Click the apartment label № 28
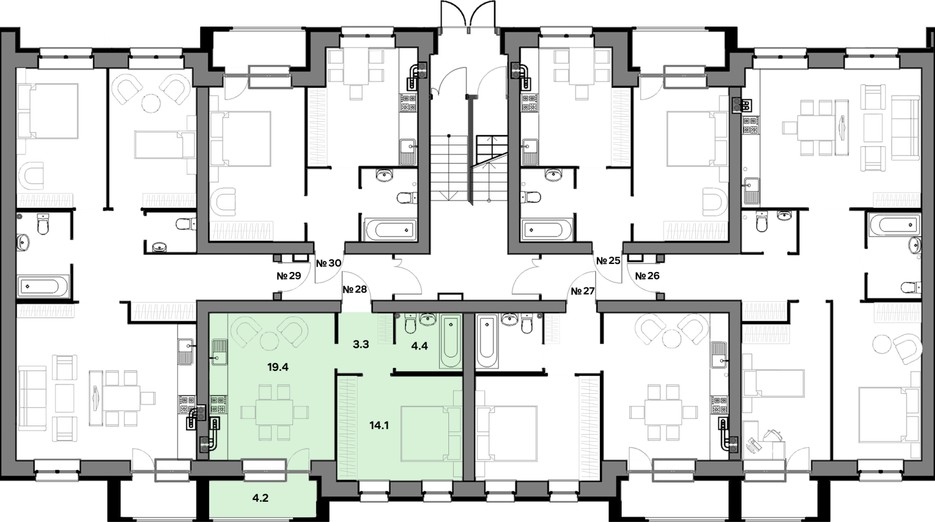pos(354,289)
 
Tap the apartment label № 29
pos(289,276)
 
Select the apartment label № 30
pos(328,263)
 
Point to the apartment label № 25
pos(608,261)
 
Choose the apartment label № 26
pos(647,275)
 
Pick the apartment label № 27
pos(582,291)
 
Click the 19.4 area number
pos(278,367)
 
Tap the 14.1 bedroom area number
pos(379,425)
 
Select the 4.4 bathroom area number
pos(420,346)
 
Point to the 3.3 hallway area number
pos(361,345)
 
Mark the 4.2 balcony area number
pos(260,498)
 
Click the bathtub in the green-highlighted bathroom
pos(450,341)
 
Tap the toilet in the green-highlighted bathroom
pos(410,323)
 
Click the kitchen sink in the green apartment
pos(219,352)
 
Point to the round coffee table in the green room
pos(269,342)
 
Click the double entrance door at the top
pos(468,15)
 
